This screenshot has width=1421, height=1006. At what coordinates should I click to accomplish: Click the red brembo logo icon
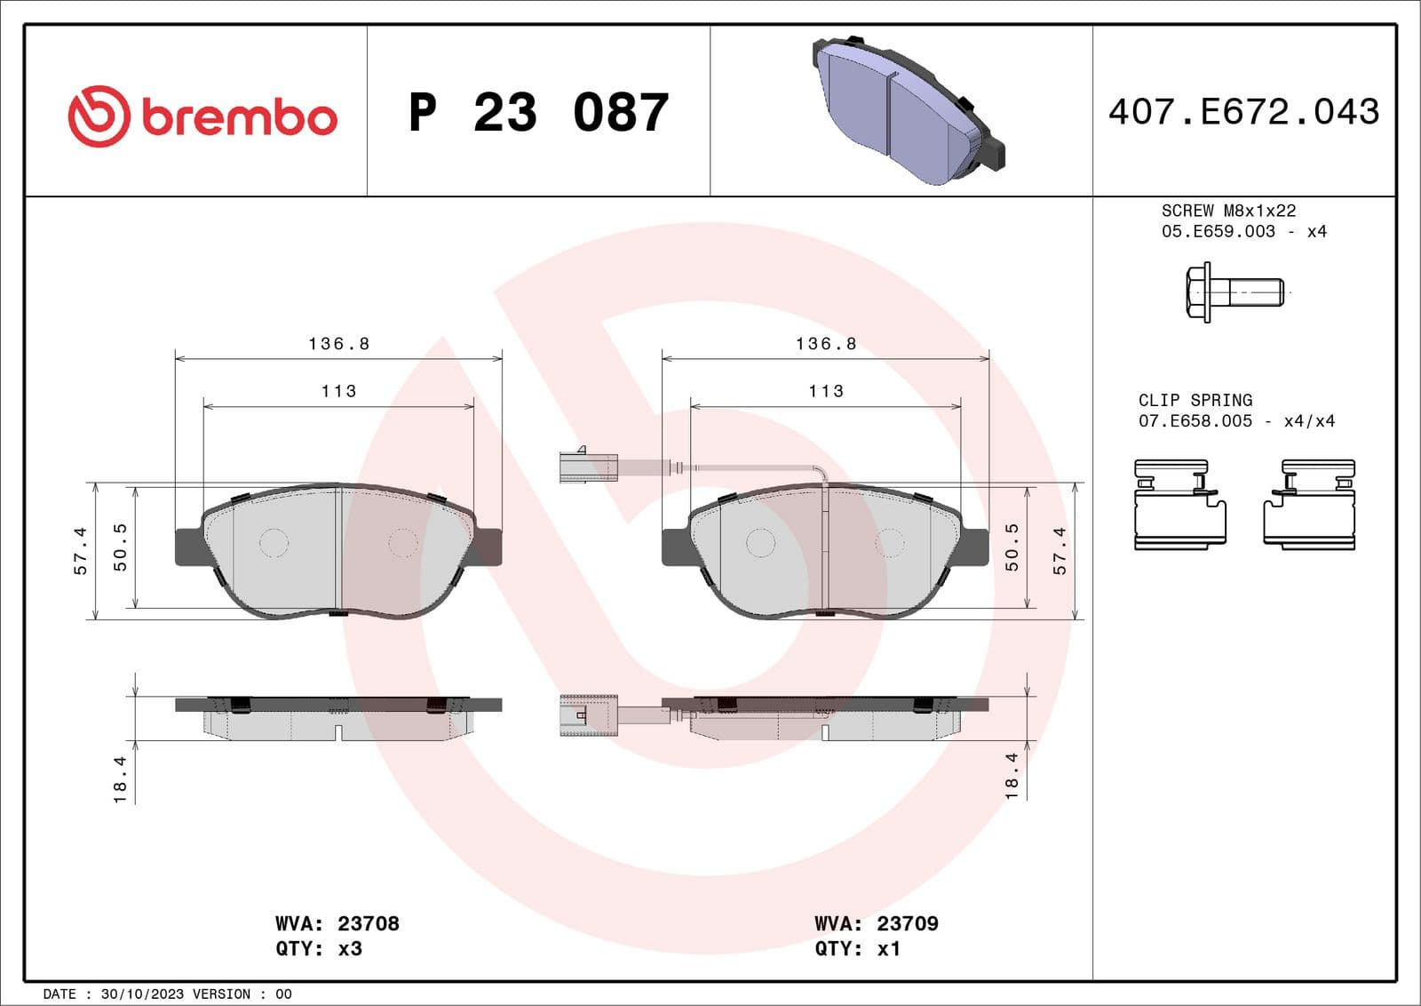click(99, 116)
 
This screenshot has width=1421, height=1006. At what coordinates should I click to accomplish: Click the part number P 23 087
click(538, 113)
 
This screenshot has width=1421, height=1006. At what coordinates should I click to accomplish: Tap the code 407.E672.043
click(1243, 112)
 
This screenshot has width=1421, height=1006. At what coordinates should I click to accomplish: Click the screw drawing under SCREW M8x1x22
click(1234, 291)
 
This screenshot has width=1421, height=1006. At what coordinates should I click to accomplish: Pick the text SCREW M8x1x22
click(1228, 211)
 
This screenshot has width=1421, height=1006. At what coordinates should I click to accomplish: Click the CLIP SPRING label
click(1195, 400)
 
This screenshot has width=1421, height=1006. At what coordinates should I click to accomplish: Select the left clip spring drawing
click(1179, 504)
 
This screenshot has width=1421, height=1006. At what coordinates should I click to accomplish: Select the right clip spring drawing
click(1309, 504)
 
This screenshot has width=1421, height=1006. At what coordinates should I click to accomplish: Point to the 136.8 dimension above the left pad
click(338, 343)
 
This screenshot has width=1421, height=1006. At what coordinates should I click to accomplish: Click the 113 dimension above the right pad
click(826, 391)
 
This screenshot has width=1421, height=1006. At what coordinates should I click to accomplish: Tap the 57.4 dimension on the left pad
click(81, 551)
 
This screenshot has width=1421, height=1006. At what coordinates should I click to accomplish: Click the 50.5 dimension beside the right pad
click(1012, 547)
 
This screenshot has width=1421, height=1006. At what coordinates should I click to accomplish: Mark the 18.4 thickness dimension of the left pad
click(121, 779)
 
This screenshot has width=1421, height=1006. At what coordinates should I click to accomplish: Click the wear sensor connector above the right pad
click(588, 467)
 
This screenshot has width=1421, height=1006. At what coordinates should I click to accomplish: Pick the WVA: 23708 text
click(337, 923)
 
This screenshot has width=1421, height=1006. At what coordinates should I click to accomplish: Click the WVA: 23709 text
click(877, 923)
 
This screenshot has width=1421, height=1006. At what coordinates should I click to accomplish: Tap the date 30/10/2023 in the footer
click(142, 994)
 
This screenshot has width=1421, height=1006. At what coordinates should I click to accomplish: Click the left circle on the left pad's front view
click(274, 543)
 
